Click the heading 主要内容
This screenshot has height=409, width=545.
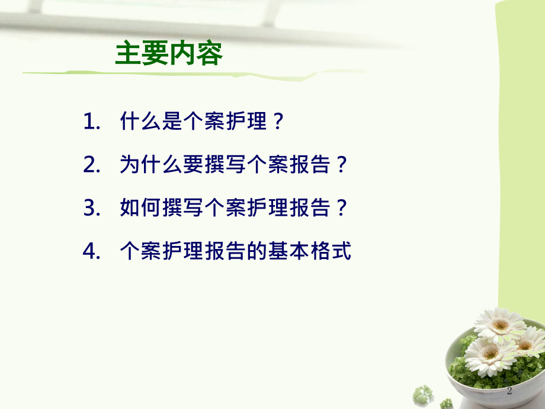click(169, 54)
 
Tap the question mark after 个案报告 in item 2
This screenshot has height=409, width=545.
click(339, 165)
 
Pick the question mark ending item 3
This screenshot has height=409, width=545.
click(339, 208)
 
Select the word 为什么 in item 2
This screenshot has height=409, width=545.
click(150, 165)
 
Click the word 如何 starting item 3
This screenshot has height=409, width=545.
click(140, 208)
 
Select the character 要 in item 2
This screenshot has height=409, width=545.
click(193, 165)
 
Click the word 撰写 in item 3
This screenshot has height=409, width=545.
click(182, 208)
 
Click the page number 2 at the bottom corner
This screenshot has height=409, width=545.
click(510, 392)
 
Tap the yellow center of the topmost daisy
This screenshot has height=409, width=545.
click(501, 324)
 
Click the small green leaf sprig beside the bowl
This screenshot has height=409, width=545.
click(423, 394)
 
